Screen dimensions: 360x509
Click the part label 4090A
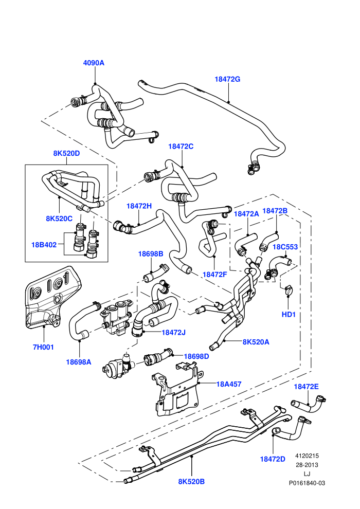coord(94,63)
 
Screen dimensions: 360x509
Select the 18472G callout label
coord(227,79)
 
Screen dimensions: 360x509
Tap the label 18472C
coord(181,147)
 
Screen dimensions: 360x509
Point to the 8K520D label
coord(66,153)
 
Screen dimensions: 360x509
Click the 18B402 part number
coord(44,245)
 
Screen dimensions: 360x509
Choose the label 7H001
coord(43,347)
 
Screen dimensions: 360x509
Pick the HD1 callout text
coord(289,315)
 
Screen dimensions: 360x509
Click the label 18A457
coord(229,385)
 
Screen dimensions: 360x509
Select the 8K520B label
coord(191,482)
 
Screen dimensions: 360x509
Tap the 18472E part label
coord(306,387)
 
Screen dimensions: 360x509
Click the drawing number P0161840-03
coord(307,483)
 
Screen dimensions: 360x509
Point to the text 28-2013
coord(307,465)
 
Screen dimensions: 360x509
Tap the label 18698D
coord(196,356)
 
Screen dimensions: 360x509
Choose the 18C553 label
coord(285,247)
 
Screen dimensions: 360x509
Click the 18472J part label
coord(174,333)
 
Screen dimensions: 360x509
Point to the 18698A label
coord(79,362)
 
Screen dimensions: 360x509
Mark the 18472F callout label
coord(214,275)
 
